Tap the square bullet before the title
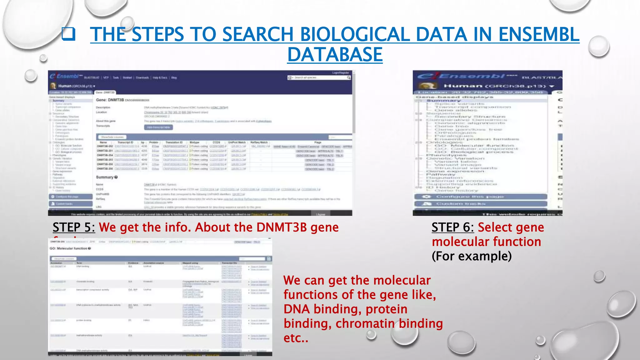(x=68, y=34)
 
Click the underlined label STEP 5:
(x=74, y=227)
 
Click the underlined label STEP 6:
(x=452, y=227)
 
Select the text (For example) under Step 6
(x=472, y=256)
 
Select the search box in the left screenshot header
(x=319, y=77)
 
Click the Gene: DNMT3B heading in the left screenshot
(x=110, y=100)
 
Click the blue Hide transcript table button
(x=158, y=127)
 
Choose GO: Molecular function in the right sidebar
(x=473, y=146)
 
